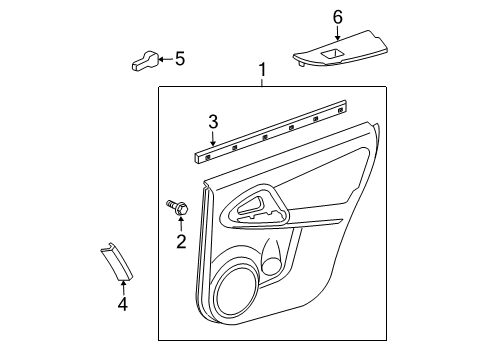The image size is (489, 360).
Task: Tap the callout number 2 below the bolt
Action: click(x=181, y=241)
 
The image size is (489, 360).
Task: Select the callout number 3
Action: click(x=212, y=122)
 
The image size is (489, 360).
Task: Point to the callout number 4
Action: click(x=122, y=303)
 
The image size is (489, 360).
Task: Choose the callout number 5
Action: click(x=179, y=59)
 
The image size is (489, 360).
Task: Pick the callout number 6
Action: click(x=337, y=17)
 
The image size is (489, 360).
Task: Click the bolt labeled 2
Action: click(x=178, y=208)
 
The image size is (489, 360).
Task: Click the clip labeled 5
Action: click(x=142, y=62)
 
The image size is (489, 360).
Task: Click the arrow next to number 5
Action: click(x=163, y=60)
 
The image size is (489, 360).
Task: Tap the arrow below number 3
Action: click(x=212, y=138)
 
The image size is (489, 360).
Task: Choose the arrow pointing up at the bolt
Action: click(x=181, y=225)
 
